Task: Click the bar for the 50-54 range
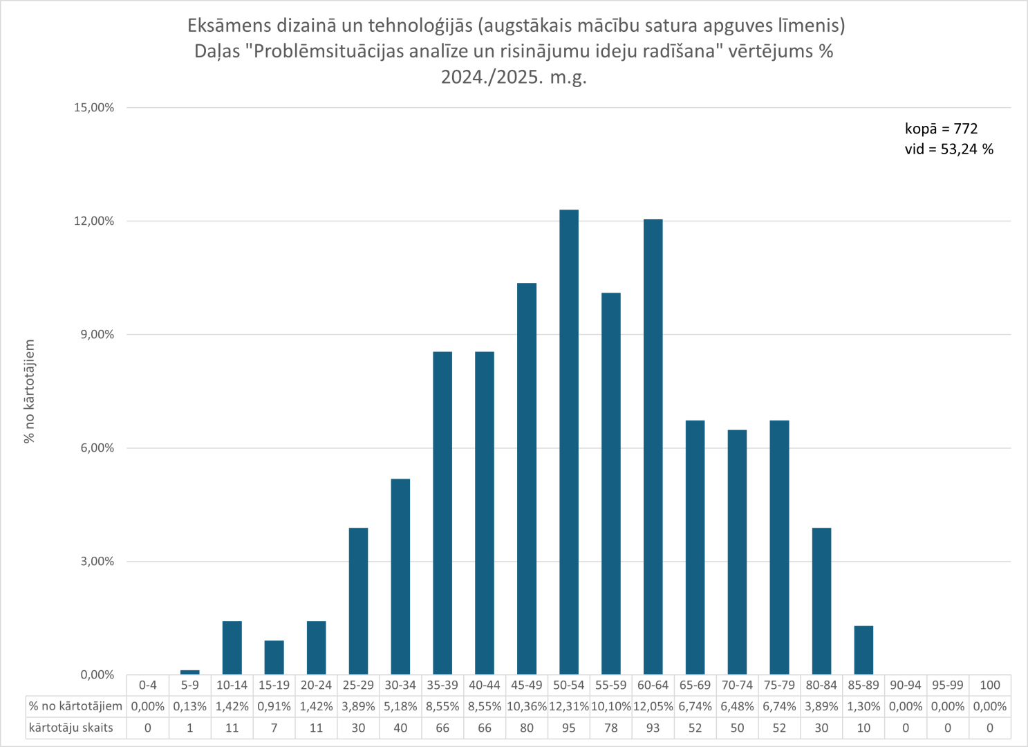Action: click(x=569, y=443)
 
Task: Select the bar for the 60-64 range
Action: click(x=653, y=447)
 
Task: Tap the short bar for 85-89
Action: click(x=863, y=650)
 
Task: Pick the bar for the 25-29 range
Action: click(x=358, y=601)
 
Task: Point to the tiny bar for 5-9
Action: click(x=190, y=672)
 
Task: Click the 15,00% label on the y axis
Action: click(x=95, y=108)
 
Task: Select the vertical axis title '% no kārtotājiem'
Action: click(x=29, y=391)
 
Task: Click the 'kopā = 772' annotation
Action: click(x=941, y=129)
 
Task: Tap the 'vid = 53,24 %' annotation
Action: click(x=948, y=149)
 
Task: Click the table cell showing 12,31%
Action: click(x=569, y=707)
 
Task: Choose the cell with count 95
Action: click(x=569, y=728)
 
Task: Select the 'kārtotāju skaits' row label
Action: click(x=71, y=728)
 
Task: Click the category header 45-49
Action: click(x=527, y=685)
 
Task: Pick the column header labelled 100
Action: click(x=989, y=685)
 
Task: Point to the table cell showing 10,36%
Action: click(x=527, y=707)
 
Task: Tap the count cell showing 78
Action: click(x=611, y=728)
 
